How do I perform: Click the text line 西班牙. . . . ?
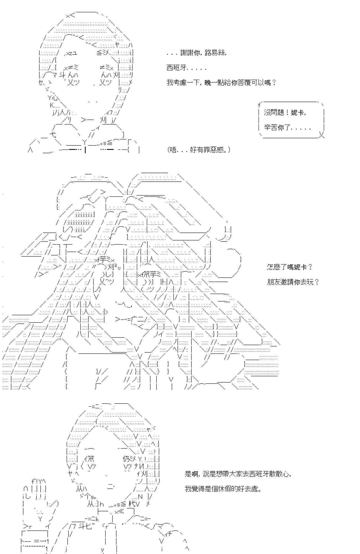[x=186, y=68]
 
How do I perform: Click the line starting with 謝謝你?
[x=197, y=53]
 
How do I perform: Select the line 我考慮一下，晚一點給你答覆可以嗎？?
[x=222, y=83]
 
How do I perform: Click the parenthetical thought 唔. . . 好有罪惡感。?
[x=199, y=150]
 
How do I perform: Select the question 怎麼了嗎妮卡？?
[x=290, y=267]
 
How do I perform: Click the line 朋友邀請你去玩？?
[x=293, y=282]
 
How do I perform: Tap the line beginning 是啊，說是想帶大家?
[x=238, y=474]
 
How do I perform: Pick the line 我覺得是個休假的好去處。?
[x=223, y=489]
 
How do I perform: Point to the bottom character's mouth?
[x=110, y=487]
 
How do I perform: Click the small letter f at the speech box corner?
[x=259, y=105]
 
